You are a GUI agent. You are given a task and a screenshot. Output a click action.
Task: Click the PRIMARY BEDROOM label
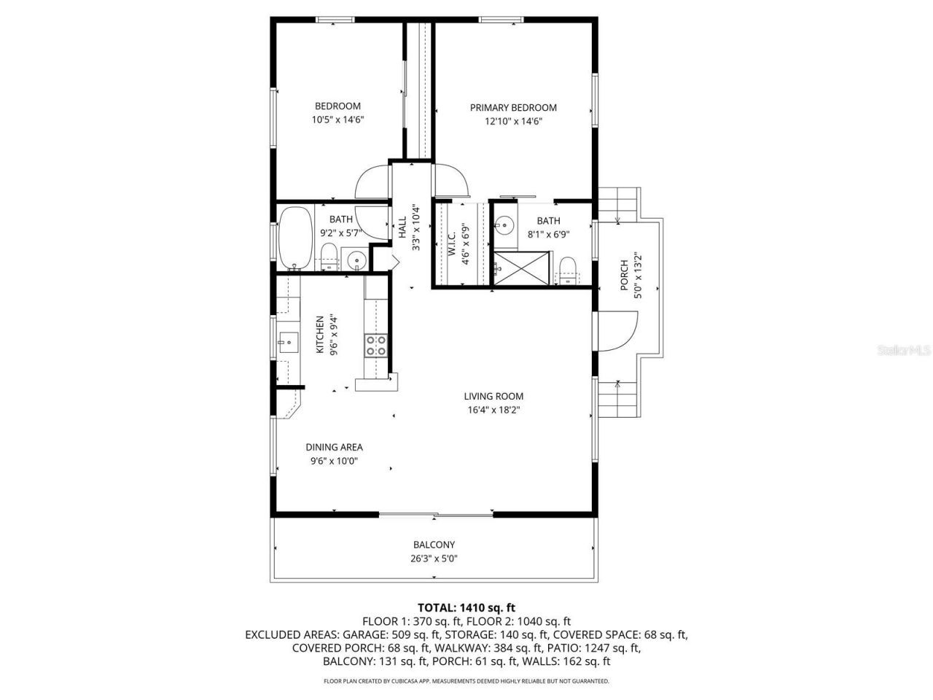(x=513, y=108)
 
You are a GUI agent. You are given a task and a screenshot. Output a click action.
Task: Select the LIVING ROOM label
(x=493, y=397)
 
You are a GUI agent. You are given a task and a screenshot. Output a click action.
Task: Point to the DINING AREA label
(x=334, y=447)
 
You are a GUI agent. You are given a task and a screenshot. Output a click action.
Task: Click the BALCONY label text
(x=434, y=545)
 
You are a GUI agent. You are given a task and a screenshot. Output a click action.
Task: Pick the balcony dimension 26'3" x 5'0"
(x=434, y=559)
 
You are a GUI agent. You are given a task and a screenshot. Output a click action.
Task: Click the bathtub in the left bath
(x=295, y=238)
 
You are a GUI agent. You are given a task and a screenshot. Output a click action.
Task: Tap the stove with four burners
(x=376, y=346)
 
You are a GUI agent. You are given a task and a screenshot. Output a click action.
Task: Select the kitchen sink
(x=287, y=341)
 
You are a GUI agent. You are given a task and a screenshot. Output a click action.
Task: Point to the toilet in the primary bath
(x=568, y=268)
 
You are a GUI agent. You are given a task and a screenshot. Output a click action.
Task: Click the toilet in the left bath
(x=329, y=257)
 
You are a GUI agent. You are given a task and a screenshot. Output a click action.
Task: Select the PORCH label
(x=625, y=276)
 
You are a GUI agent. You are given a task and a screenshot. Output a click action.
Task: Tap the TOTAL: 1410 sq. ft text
(x=466, y=607)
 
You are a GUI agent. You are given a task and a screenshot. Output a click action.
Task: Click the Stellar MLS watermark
(x=904, y=350)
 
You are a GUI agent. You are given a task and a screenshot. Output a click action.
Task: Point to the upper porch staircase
(x=620, y=202)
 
